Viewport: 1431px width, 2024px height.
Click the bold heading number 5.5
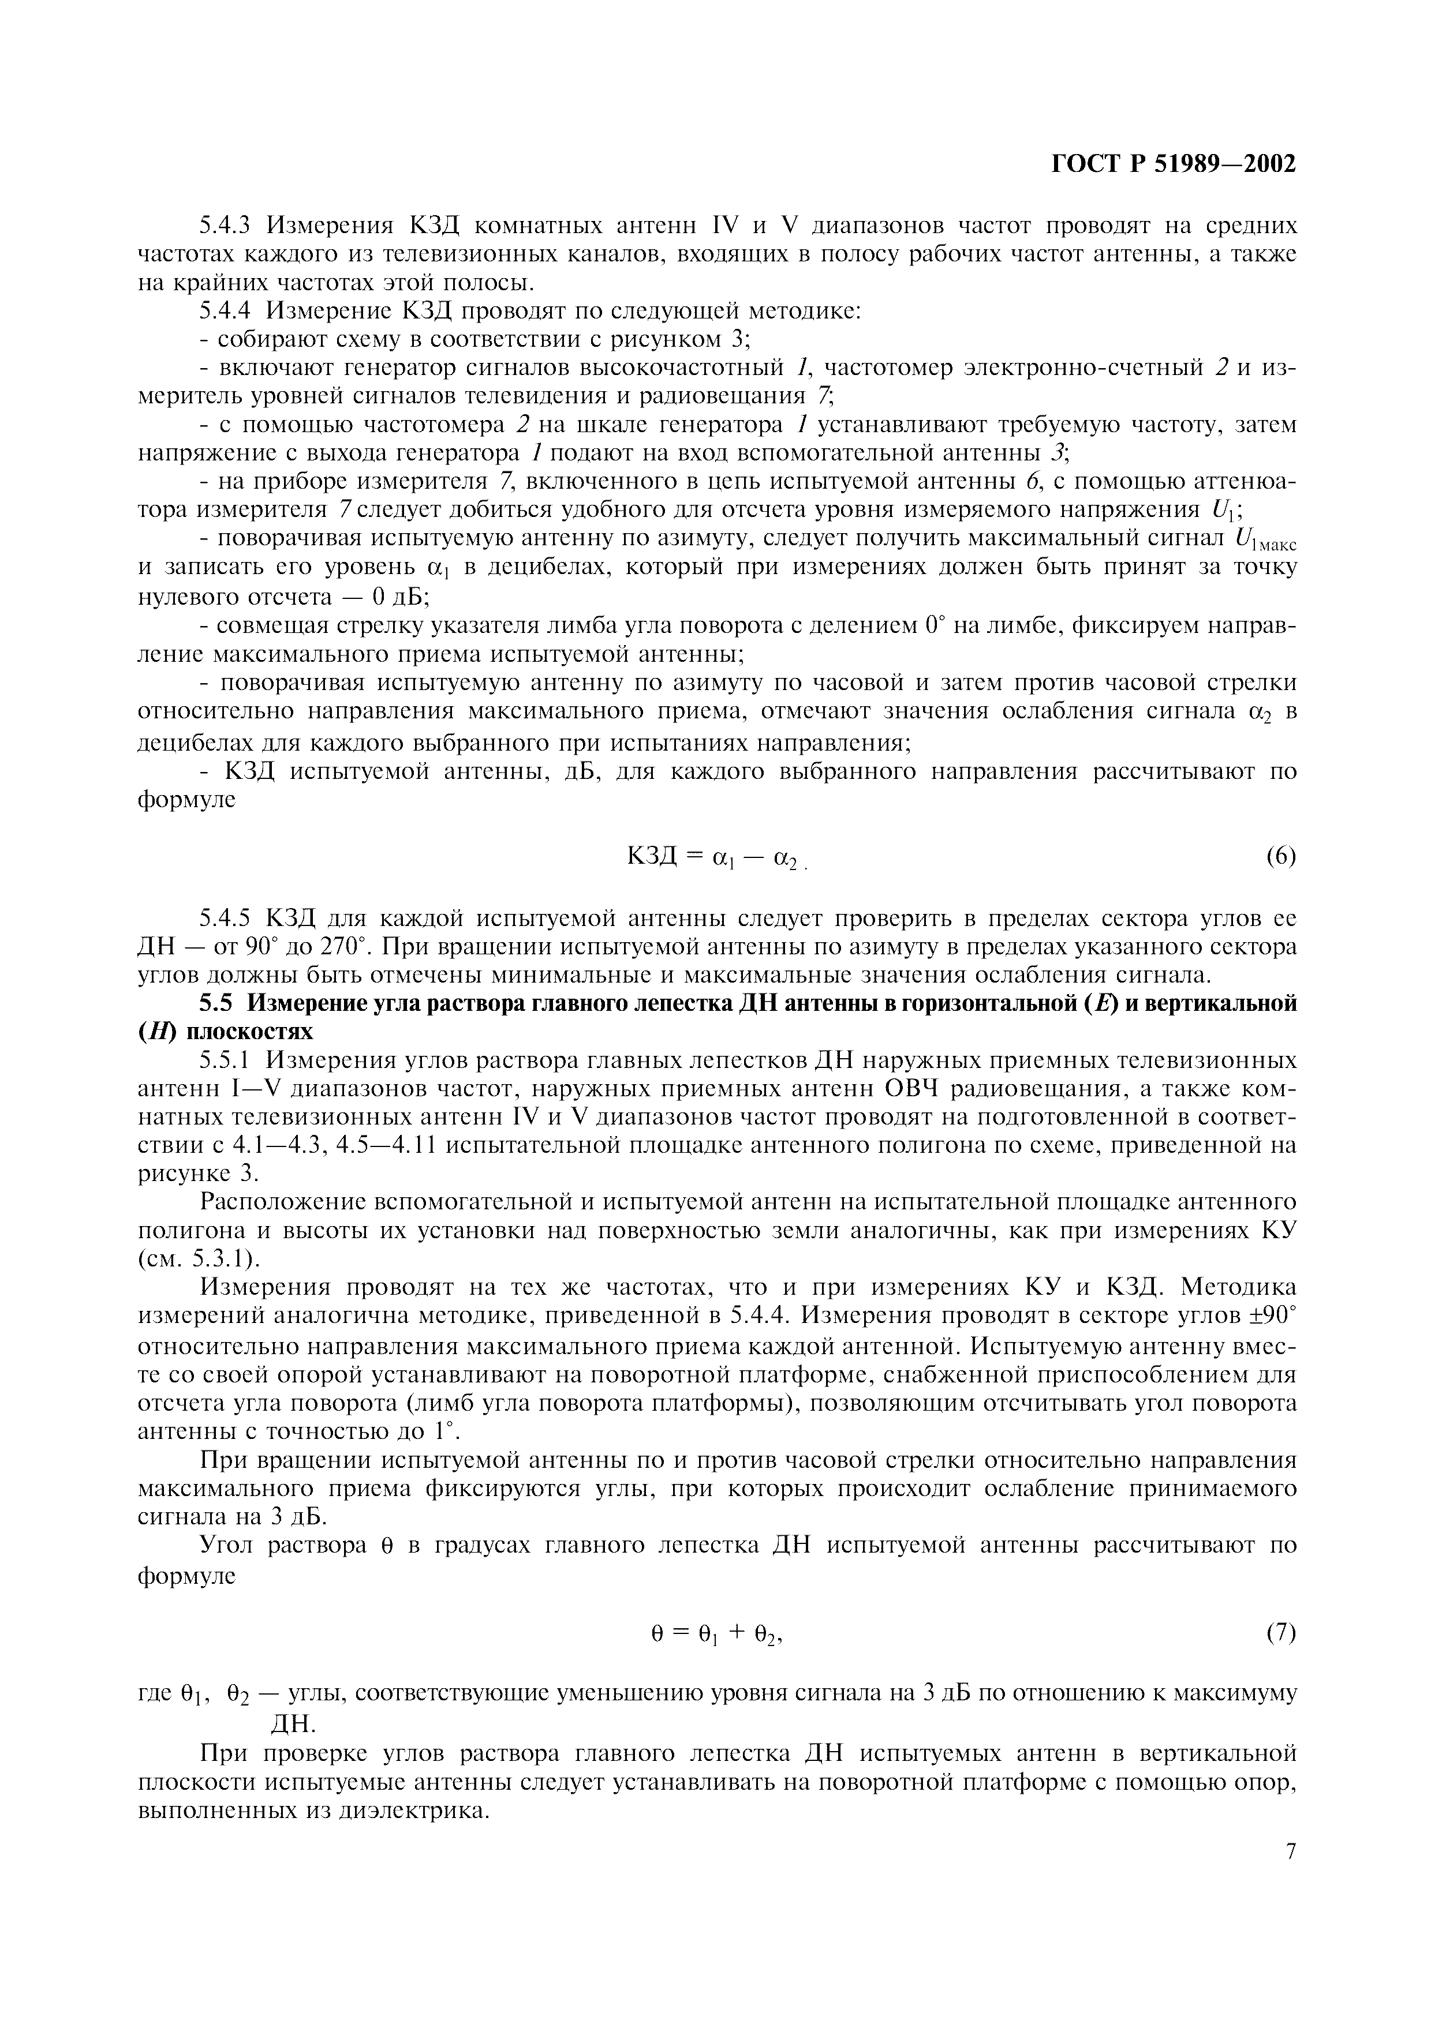point(216,1003)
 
